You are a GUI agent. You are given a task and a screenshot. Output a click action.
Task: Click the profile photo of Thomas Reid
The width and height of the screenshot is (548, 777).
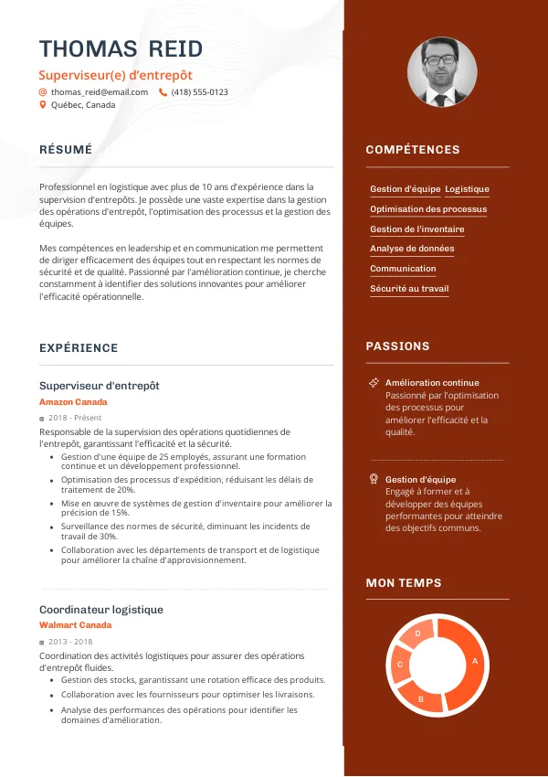(441, 72)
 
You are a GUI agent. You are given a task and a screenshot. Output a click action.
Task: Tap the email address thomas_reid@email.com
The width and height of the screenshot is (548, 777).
(99, 92)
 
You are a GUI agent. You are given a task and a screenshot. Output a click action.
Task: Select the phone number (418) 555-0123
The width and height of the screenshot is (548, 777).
(199, 92)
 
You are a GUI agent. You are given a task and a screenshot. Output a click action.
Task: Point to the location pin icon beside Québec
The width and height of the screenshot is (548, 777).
(42, 105)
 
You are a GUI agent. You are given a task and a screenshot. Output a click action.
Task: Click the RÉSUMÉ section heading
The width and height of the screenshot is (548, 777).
(66, 149)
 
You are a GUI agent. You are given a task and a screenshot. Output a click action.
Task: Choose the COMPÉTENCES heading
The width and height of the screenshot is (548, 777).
(413, 150)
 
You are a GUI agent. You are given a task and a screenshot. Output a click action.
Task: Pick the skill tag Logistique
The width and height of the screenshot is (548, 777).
(467, 189)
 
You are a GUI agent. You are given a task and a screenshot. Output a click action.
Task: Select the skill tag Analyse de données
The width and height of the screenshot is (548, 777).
(412, 249)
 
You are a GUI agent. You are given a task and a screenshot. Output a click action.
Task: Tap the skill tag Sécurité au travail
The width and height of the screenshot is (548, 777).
(409, 289)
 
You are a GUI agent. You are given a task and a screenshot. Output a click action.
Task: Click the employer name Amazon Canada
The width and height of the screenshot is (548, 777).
(73, 402)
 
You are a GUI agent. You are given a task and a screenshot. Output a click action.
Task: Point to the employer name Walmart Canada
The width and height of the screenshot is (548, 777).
(75, 625)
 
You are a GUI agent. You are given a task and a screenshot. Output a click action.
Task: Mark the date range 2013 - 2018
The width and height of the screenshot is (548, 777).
(70, 642)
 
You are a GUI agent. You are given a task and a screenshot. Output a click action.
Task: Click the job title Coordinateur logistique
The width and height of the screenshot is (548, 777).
(101, 610)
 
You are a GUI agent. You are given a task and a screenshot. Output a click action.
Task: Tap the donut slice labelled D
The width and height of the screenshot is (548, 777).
(417, 634)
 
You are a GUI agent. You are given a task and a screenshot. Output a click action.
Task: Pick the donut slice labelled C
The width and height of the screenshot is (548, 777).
(400, 665)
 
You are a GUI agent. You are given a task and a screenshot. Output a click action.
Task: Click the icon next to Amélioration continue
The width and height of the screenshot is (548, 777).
(374, 382)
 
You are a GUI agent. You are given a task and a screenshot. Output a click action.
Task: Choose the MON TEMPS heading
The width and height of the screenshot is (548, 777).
(404, 583)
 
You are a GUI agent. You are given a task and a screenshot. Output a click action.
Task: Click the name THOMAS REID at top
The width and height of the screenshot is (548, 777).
(121, 49)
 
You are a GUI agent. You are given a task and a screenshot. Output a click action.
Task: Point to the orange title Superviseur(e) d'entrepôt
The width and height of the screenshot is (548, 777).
(116, 75)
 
